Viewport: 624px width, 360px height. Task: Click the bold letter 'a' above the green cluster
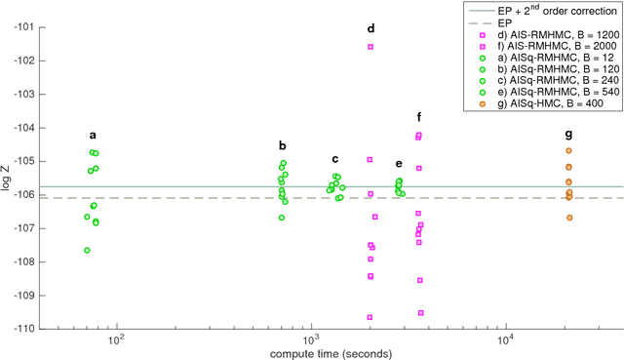click(94, 136)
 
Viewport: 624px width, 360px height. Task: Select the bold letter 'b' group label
click(282, 145)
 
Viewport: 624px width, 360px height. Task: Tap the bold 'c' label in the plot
click(335, 159)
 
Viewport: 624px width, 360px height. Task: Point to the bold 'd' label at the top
click(370, 28)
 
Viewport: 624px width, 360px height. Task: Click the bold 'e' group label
click(399, 164)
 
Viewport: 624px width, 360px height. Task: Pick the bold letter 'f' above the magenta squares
click(418, 116)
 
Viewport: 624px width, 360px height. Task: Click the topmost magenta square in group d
click(370, 47)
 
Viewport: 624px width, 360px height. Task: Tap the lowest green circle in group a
click(88, 251)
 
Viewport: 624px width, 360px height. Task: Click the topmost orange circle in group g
click(568, 151)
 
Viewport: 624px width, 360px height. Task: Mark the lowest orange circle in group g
click(569, 218)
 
